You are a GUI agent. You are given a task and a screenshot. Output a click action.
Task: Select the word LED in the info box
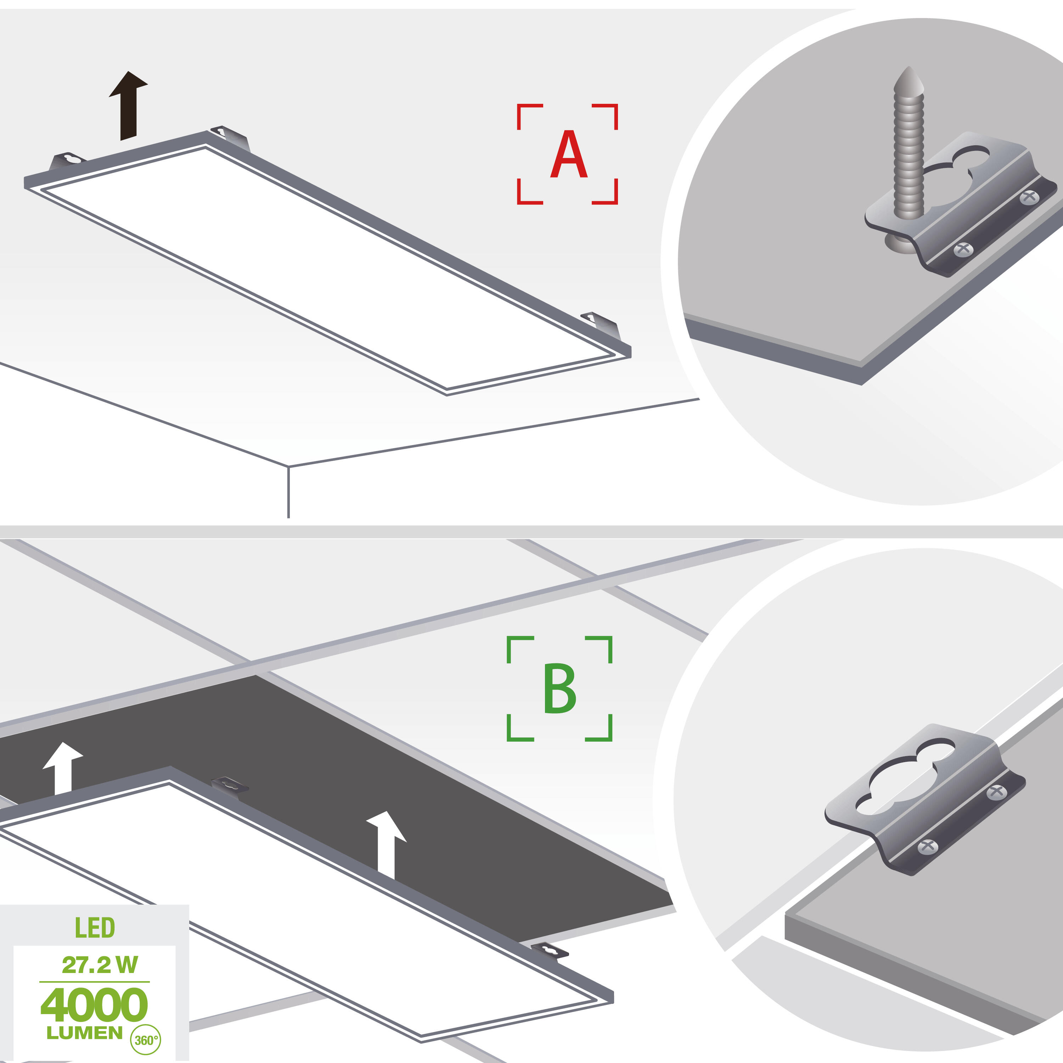(x=95, y=928)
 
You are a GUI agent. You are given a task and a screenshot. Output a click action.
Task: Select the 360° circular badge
(x=145, y=1040)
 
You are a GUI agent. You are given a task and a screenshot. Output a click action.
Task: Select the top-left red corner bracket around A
(x=528, y=115)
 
